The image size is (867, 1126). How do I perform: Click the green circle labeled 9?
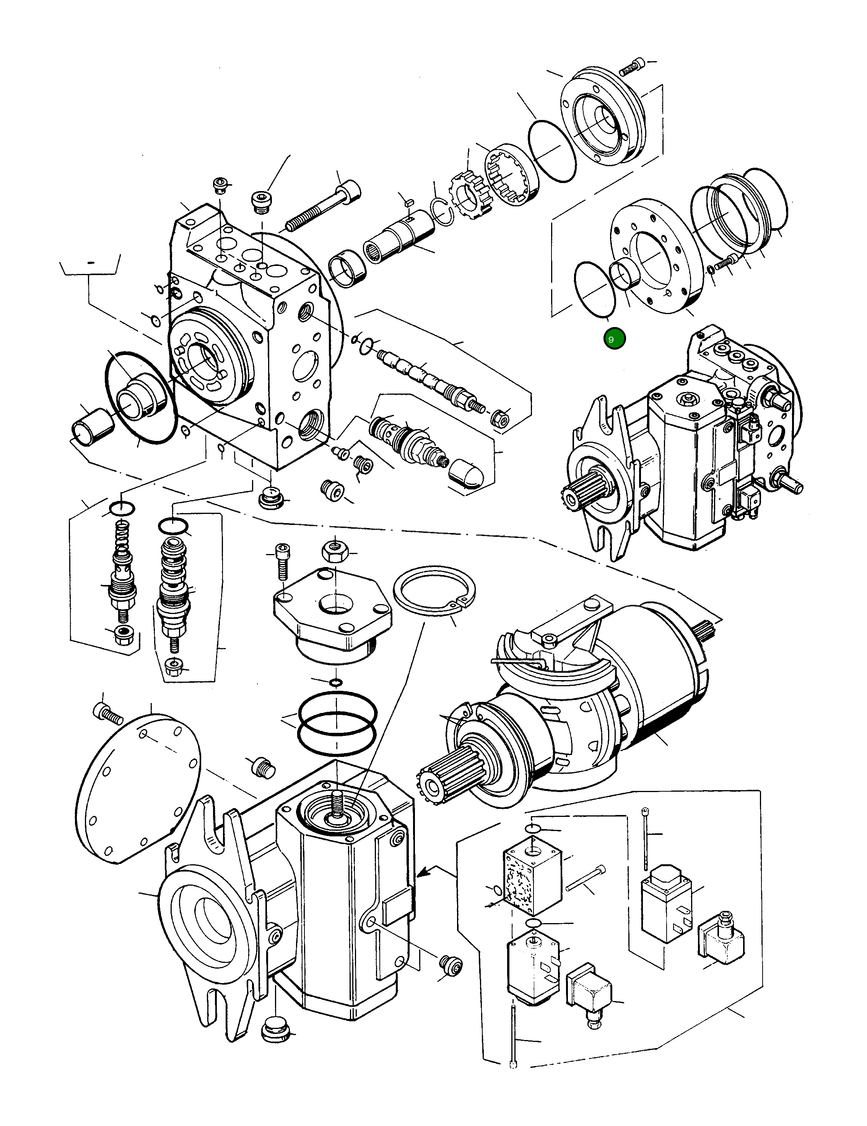(x=614, y=339)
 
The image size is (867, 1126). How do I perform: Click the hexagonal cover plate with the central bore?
(x=333, y=609)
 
